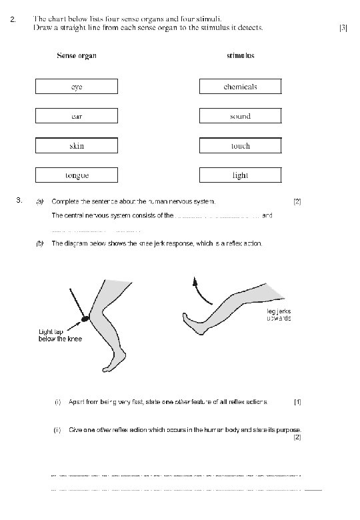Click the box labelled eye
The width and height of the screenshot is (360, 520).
77,87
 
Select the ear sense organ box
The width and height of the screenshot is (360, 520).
77,116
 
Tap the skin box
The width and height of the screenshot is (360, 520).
77,145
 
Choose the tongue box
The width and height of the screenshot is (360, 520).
77,175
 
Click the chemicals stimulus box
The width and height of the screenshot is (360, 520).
240,87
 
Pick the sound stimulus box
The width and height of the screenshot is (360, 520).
240,116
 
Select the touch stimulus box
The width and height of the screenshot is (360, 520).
240,145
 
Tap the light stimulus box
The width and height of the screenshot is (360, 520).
240,175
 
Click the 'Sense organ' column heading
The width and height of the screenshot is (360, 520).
77,56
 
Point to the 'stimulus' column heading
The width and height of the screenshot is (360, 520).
240,55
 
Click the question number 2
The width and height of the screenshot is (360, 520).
13,19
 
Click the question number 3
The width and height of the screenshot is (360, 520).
19,200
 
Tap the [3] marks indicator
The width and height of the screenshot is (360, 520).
343,28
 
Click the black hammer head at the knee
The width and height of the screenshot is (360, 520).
85,319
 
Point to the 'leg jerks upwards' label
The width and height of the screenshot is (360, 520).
279,315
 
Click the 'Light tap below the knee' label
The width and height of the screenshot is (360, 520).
60,335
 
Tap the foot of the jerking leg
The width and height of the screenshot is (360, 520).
193,324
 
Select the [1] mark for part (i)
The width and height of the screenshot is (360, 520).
297,402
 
